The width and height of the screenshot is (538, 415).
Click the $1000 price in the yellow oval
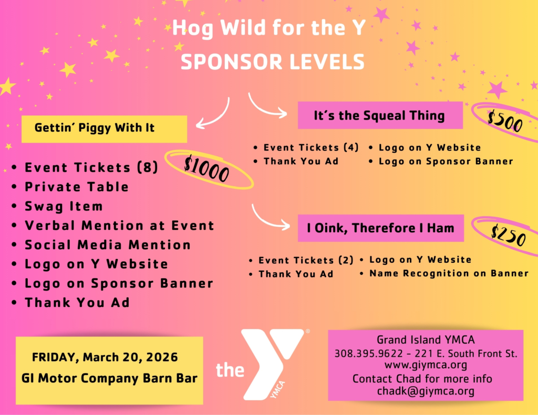pyautogui.click(x=206, y=168)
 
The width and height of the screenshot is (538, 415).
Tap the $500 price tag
pyautogui.click(x=505, y=120)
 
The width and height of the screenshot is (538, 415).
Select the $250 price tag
pyautogui.click(x=509, y=235)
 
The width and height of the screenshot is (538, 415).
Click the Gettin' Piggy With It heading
pyautogui.click(x=95, y=128)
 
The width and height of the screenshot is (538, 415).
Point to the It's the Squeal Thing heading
pyautogui.click(x=379, y=115)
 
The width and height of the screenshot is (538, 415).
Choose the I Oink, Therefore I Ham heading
pyautogui.click(x=380, y=228)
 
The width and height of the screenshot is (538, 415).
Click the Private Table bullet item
pyautogui.click(x=77, y=187)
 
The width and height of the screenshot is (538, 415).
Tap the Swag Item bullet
pyautogui.click(x=64, y=206)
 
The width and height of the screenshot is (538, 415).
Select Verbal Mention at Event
pyautogui.click(x=119, y=226)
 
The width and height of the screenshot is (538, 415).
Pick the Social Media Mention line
pyautogui.click(x=107, y=244)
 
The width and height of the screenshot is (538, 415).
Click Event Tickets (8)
pyautogui.click(x=91, y=167)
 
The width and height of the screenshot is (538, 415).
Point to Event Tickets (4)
pyautogui.click(x=311, y=147)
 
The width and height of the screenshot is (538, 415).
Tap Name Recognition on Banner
pyautogui.click(x=449, y=273)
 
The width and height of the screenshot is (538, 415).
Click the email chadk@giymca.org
pyautogui.click(x=426, y=391)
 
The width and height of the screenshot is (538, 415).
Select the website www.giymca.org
pyautogui.click(x=426, y=365)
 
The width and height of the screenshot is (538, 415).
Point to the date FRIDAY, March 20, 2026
pyautogui.click(x=105, y=357)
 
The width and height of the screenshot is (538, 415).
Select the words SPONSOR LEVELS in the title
pyautogui.click(x=273, y=62)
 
